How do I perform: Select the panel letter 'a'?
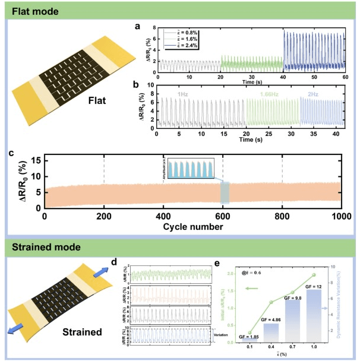point(137,26)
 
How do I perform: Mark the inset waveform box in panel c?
point(191,168)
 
